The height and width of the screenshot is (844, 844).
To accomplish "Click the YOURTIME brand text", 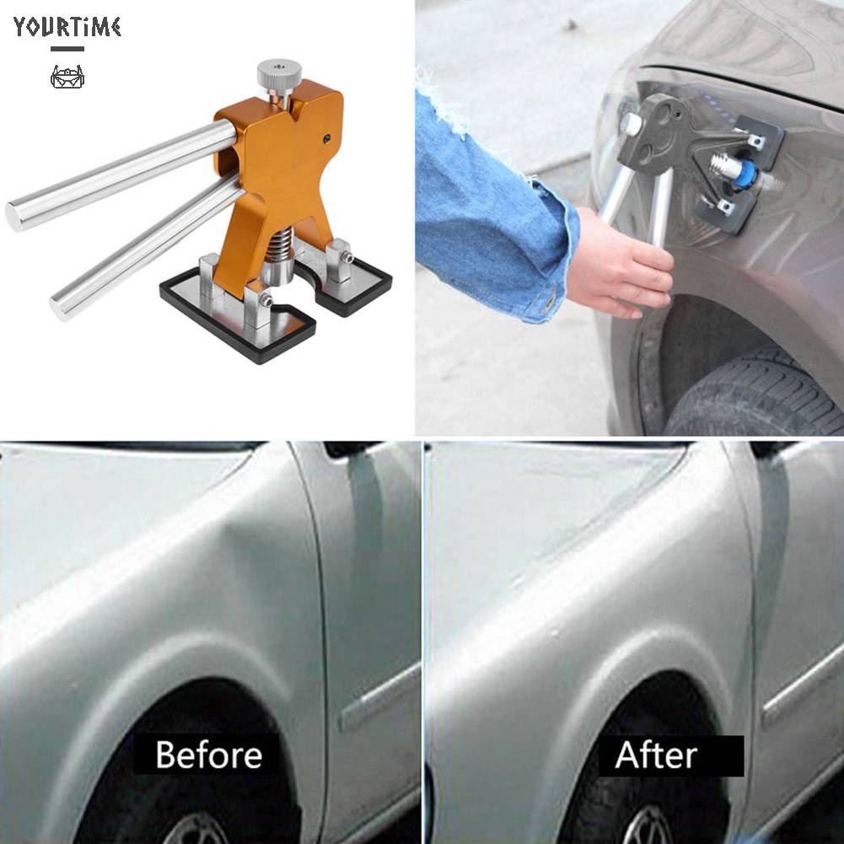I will pyautogui.click(x=67, y=27).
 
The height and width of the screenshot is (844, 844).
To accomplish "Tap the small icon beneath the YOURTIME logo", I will pyautogui.click(x=67, y=78).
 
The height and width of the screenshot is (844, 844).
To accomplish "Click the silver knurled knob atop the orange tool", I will pyautogui.click(x=279, y=75).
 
